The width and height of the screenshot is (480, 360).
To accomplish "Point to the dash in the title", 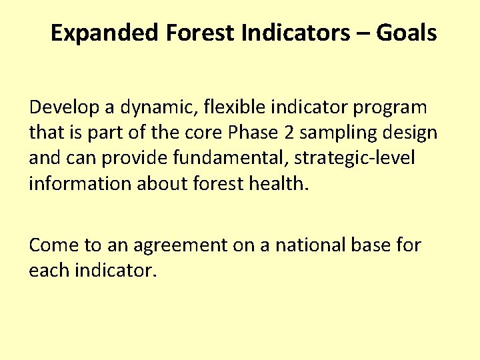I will [x=363, y=33].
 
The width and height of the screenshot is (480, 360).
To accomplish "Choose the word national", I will [x=303, y=245].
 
